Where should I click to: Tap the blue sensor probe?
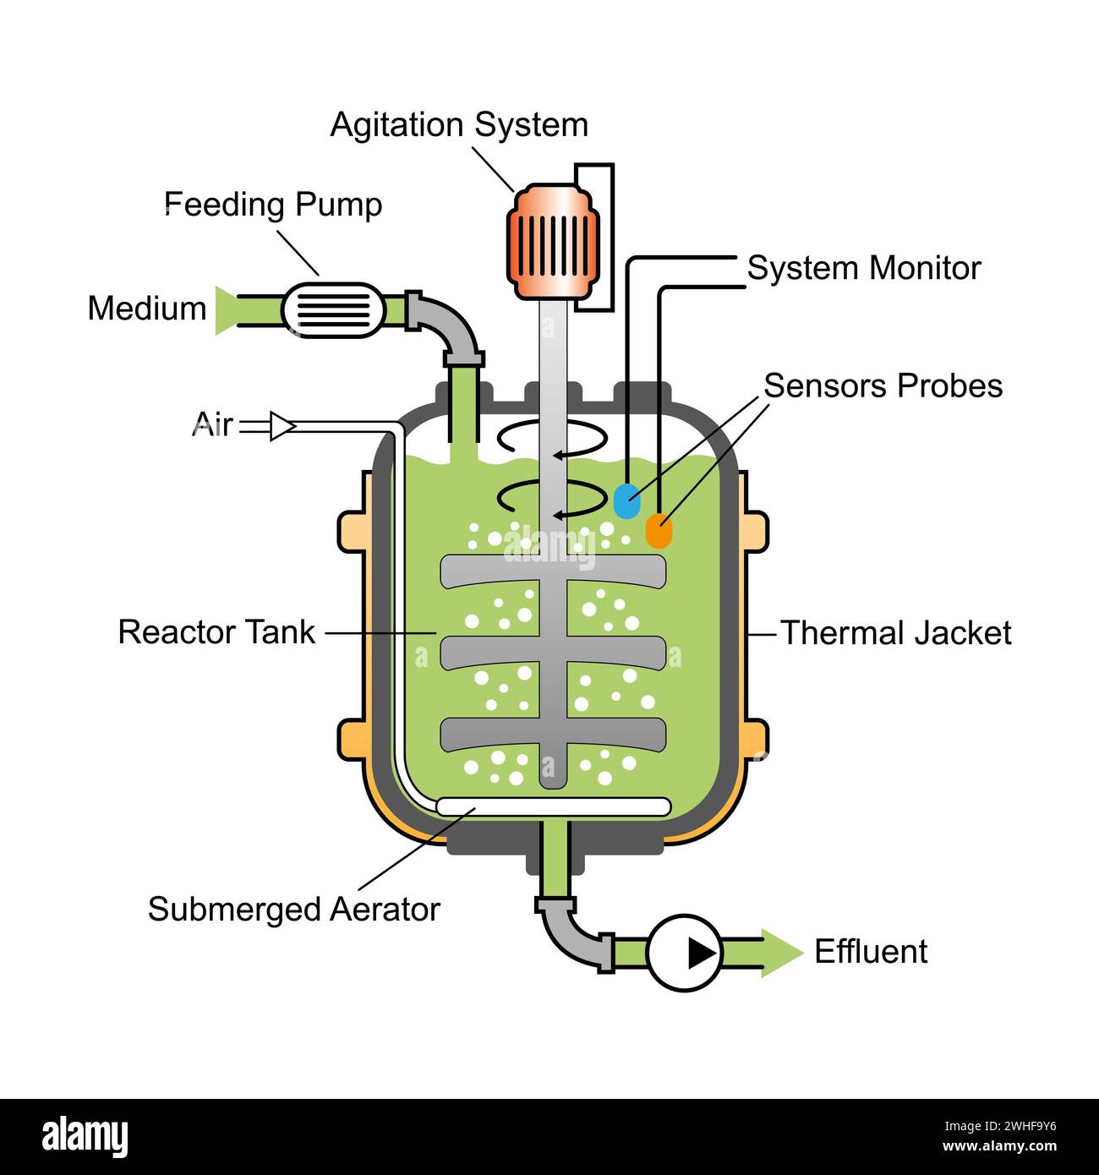[x=626, y=500]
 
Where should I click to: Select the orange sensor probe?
[x=659, y=531]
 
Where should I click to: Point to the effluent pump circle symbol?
[x=685, y=953]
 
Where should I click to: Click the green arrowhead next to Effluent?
[x=779, y=953]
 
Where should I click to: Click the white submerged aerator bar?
[x=554, y=806]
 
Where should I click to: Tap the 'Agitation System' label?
[x=459, y=125]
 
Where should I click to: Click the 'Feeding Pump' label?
[x=273, y=205]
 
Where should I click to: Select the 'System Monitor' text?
[x=863, y=268]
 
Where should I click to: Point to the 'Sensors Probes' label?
[x=883, y=385]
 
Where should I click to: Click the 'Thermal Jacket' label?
[x=895, y=632]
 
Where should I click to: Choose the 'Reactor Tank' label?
[x=216, y=632]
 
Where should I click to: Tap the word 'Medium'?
[x=147, y=309]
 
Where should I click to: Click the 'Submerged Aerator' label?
[x=294, y=910]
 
